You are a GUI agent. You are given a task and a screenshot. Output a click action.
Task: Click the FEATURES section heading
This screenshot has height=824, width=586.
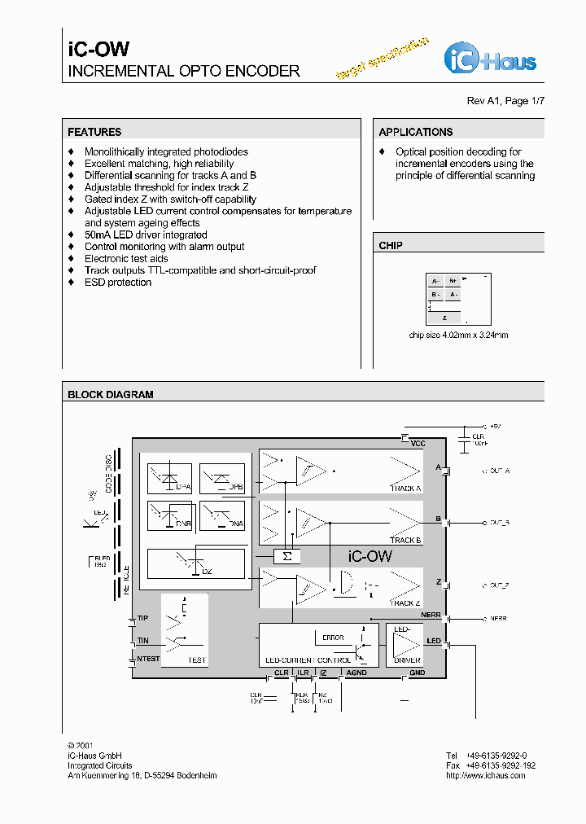tap(94, 132)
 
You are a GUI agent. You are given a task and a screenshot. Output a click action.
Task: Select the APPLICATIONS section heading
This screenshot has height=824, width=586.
tap(415, 132)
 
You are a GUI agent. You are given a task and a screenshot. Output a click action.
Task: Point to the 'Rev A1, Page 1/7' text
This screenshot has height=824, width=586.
tap(505, 101)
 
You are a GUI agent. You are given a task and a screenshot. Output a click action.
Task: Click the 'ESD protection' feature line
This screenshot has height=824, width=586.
tap(118, 283)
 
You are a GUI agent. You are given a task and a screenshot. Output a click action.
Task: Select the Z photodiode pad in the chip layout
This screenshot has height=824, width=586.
tap(444, 318)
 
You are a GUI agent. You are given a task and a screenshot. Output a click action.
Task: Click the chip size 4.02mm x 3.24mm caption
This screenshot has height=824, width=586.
tap(458, 335)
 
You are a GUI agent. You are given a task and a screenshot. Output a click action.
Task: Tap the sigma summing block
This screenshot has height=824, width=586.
tap(286, 556)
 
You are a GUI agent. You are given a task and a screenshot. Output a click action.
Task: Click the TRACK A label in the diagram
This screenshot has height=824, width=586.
tap(405, 489)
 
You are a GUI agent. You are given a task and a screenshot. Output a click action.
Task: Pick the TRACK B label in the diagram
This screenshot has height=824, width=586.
tap(405, 540)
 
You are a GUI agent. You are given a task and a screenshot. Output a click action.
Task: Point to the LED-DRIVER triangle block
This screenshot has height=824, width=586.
tap(407, 645)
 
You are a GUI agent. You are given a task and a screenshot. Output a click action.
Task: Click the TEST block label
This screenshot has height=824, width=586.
tap(197, 660)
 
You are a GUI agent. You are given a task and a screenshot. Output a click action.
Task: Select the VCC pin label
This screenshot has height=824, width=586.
tap(418, 444)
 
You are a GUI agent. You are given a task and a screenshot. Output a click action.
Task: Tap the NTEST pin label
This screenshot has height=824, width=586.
tap(148, 659)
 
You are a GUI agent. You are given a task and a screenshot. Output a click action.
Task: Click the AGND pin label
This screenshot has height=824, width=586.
tap(356, 673)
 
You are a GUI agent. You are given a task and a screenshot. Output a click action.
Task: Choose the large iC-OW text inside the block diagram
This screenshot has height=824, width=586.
tap(370, 557)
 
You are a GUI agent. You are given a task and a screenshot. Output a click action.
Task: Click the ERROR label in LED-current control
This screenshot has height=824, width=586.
tap(333, 638)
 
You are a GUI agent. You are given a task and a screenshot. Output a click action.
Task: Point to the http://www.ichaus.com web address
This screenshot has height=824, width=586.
tap(485, 776)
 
